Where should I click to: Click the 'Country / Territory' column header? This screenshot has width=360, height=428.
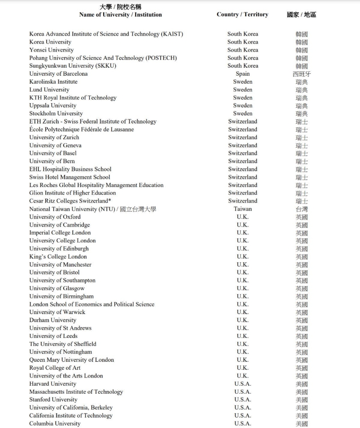[242, 14]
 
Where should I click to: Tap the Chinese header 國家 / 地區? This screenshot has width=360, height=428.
[301, 14]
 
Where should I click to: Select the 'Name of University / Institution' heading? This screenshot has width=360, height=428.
[120, 14]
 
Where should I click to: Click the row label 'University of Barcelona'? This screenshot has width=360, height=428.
[59, 74]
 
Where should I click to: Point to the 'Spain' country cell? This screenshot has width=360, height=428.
[242, 74]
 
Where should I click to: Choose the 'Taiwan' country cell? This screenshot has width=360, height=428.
[243, 209]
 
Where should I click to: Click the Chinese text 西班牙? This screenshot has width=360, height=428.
[301, 74]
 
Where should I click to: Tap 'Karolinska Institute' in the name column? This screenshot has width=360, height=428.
[53, 82]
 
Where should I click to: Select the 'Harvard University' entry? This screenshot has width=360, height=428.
[53, 384]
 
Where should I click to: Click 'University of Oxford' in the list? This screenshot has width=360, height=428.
[55, 217]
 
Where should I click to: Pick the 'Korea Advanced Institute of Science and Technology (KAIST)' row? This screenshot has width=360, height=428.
[106, 34]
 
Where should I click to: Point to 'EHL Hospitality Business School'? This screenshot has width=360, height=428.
[70, 169]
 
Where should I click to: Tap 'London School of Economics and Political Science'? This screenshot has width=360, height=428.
[92, 305]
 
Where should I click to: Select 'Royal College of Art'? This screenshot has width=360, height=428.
[55, 368]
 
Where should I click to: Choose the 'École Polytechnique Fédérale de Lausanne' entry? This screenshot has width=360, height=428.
[82, 130]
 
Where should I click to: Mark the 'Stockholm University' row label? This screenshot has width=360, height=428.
[56, 114]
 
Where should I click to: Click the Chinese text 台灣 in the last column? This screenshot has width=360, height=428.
[301, 209]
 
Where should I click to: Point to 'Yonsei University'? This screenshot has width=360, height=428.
[51, 50]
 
